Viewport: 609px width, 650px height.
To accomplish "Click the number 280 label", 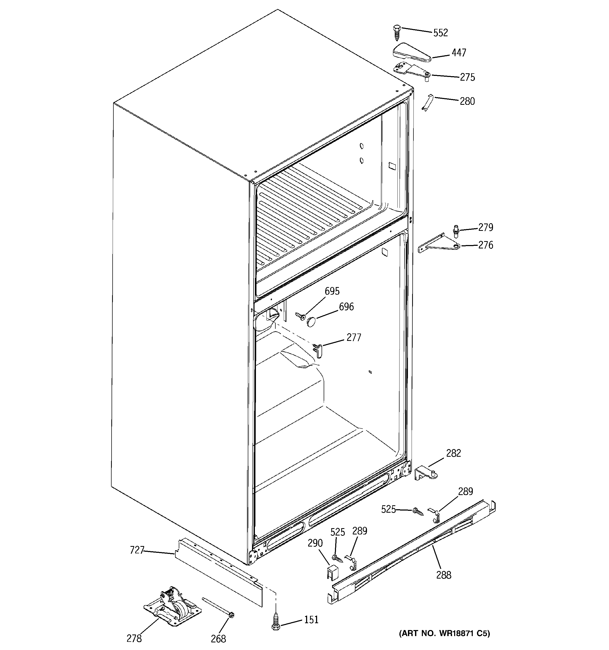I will click(467, 101).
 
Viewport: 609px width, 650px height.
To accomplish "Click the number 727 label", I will click(137, 550).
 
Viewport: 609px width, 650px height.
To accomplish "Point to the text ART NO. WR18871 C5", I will click(444, 633).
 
